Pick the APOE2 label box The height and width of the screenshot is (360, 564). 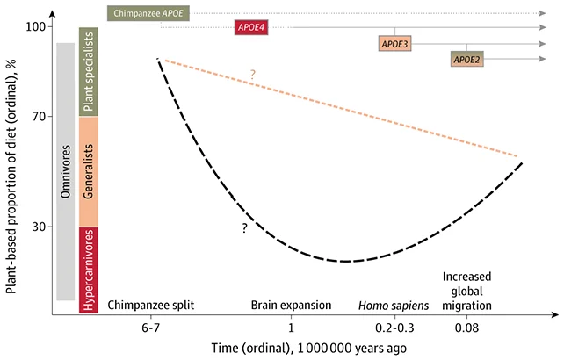(x=466, y=59)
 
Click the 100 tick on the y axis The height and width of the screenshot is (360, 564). (x=35, y=27)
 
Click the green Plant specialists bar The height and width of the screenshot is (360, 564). (x=88, y=72)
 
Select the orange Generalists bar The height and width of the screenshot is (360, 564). (x=88, y=172)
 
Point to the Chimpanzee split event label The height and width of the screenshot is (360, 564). (x=150, y=306)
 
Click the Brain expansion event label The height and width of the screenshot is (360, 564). (x=292, y=306)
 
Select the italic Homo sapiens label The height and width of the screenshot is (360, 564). (x=394, y=306)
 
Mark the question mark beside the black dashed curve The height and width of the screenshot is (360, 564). (x=245, y=227)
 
